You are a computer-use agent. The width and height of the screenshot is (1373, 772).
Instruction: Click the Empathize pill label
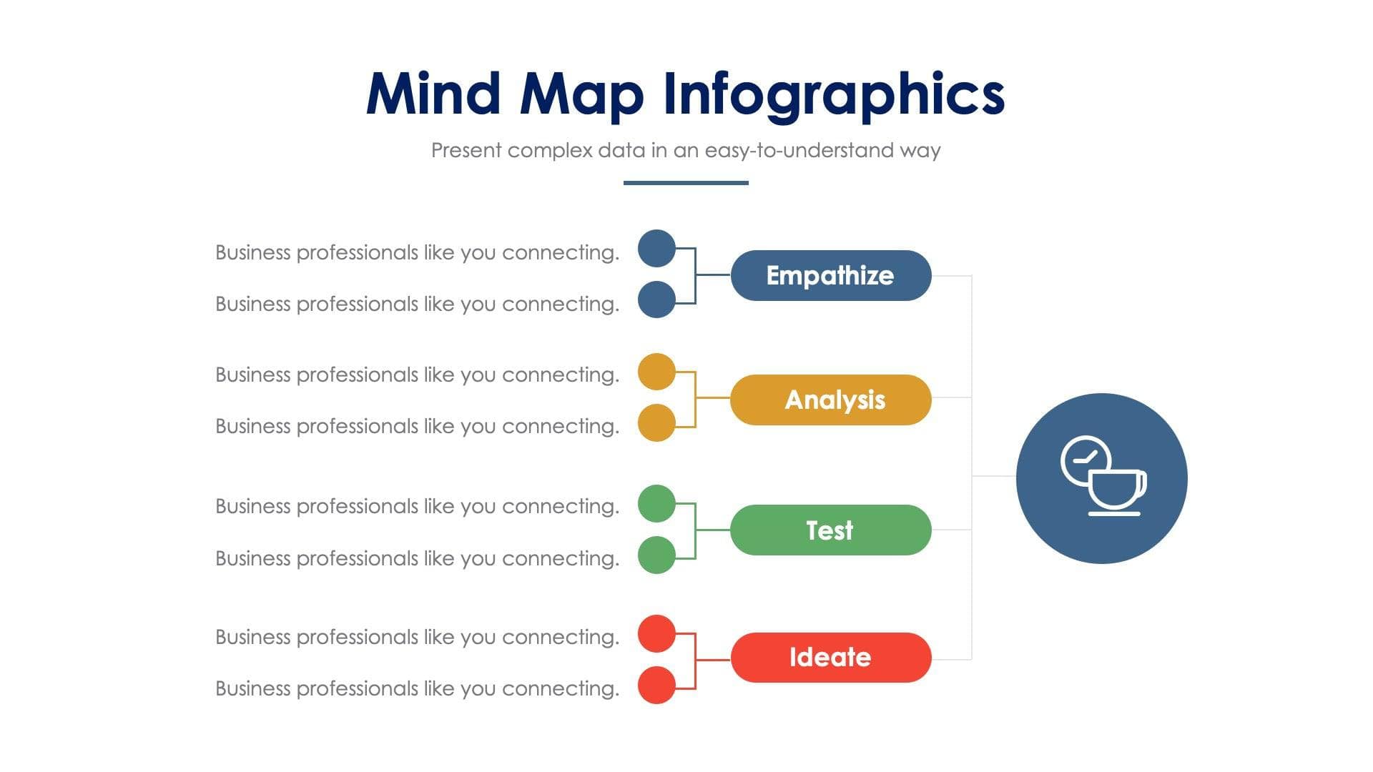click(x=830, y=276)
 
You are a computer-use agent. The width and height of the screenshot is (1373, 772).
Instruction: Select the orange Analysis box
click(x=831, y=400)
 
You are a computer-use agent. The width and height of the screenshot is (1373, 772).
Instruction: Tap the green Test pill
click(x=830, y=530)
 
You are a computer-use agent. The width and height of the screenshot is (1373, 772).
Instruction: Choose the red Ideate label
click(x=830, y=658)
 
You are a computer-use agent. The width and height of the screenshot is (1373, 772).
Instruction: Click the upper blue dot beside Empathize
click(x=656, y=249)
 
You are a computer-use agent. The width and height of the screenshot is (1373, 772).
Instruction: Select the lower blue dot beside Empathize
click(x=656, y=300)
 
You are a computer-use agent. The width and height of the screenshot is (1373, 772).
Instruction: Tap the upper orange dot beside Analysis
click(x=656, y=372)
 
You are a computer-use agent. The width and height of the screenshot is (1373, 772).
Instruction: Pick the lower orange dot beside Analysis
click(x=656, y=423)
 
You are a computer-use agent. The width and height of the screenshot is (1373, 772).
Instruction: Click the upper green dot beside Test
click(x=656, y=503)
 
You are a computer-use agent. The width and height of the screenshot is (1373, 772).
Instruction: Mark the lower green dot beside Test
click(x=656, y=555)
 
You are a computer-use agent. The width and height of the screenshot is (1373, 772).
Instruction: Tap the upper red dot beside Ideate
click(x=656, y=633)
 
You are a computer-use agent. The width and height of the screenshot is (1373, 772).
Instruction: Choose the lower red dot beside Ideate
click(x=656, y=686)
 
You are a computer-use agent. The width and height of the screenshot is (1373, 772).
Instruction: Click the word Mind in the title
click(x=433, y=94)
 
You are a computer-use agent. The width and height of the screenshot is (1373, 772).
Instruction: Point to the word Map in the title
click(x=581, y=95)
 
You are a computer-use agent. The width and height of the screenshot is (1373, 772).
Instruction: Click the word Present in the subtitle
click(x=466, y=151)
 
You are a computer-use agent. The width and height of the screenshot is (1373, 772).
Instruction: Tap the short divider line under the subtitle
click(x=686, y=183)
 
